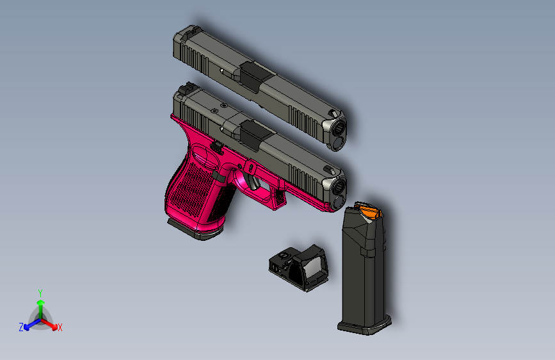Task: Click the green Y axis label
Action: point(40,292)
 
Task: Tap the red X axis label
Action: point(60,328)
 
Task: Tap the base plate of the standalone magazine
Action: point(365,327)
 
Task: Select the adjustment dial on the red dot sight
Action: point(283,256)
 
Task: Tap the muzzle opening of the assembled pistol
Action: point(339,188)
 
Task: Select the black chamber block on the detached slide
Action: point(251,72)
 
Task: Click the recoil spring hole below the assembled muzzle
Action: point(337,204)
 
